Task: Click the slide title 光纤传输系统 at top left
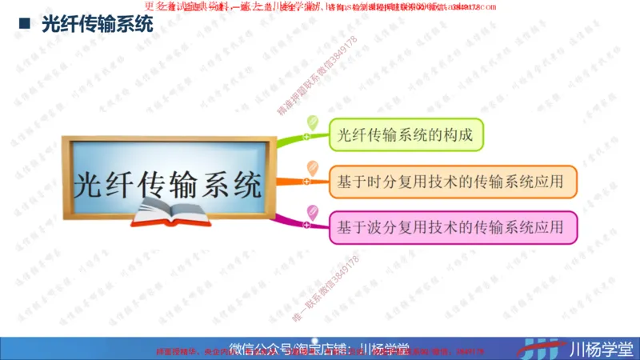coord(97,25)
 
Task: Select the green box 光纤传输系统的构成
coord(406,134)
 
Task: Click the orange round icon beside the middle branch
coord(312,168)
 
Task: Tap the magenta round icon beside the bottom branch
coord(312,212)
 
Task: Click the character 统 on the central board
coord(244,184)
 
